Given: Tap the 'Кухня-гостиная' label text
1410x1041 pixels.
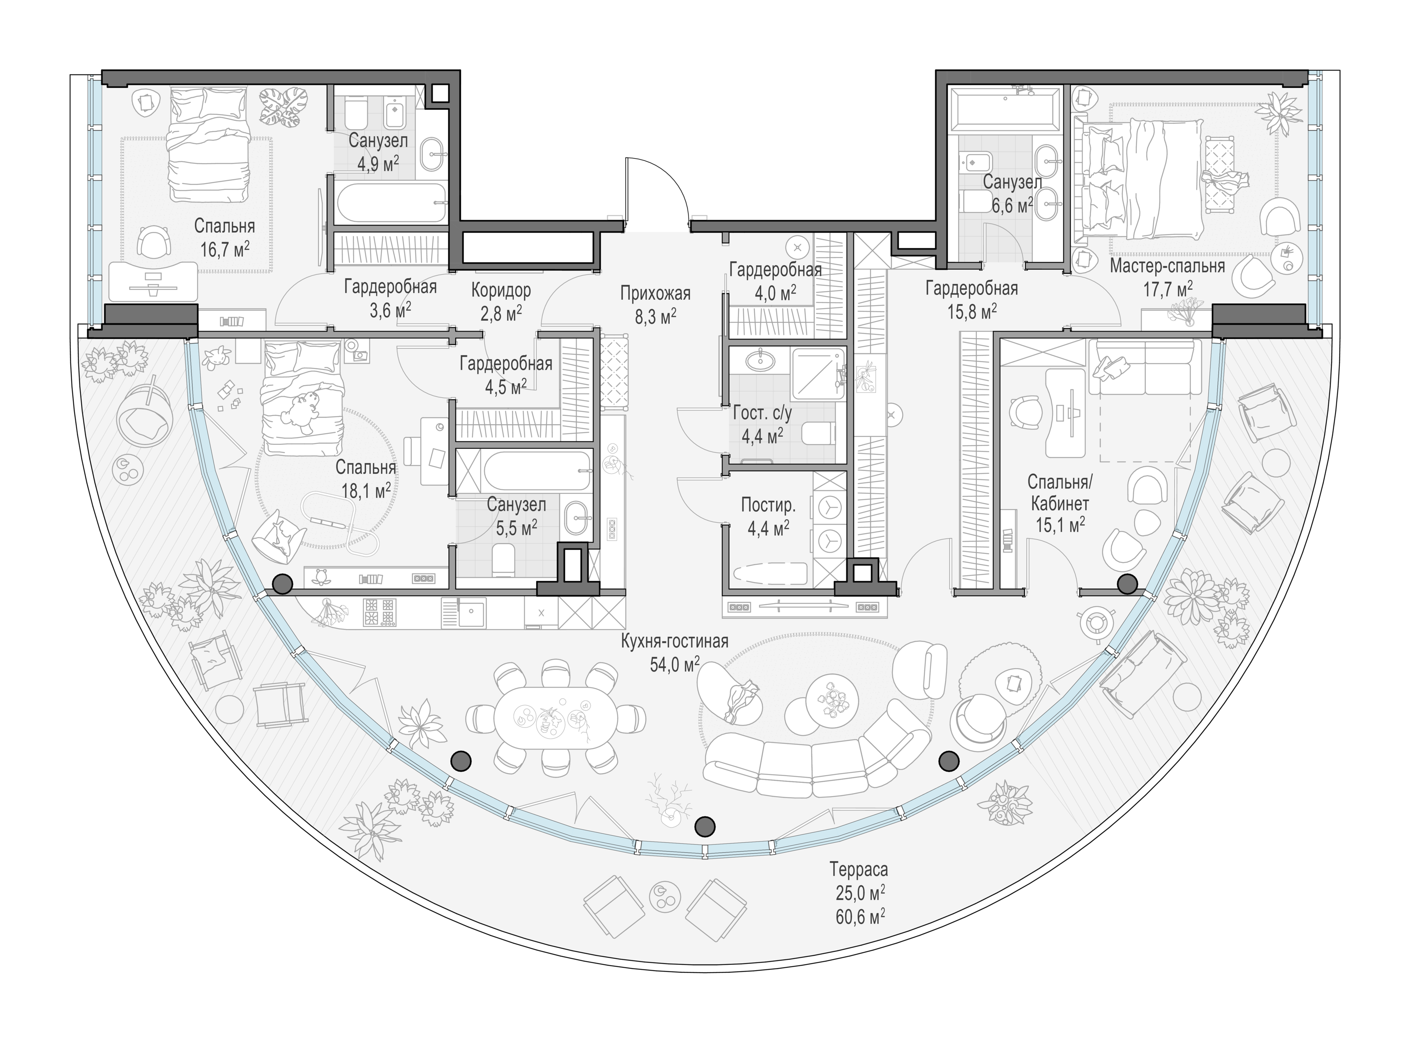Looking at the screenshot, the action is point(674,642).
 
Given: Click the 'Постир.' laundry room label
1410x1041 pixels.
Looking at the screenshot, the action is point(769,505).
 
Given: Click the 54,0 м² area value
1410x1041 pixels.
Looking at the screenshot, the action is point(674,664).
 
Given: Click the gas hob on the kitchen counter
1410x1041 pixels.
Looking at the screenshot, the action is point(380,612).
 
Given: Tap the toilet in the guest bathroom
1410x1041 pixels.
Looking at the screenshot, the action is point(819,433).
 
